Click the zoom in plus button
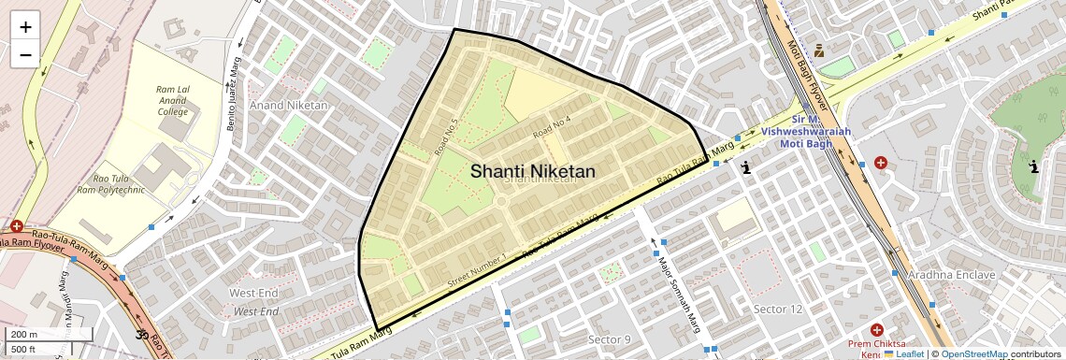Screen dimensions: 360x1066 [x=25, y=27]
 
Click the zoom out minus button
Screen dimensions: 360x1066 [x=25, y=55]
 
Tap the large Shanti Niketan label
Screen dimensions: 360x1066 [x=532, y=171]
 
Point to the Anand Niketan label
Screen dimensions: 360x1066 [x=289, y=106]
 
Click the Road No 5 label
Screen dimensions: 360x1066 [x=446, y=137]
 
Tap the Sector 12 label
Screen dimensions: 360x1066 [x=778, y=310]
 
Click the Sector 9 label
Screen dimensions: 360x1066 [x=609, y=338]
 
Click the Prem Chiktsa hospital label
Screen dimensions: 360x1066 [x=876, y=347]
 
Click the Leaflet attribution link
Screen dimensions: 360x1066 [x=903, y=354]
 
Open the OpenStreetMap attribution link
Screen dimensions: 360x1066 [x=974, y=354]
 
